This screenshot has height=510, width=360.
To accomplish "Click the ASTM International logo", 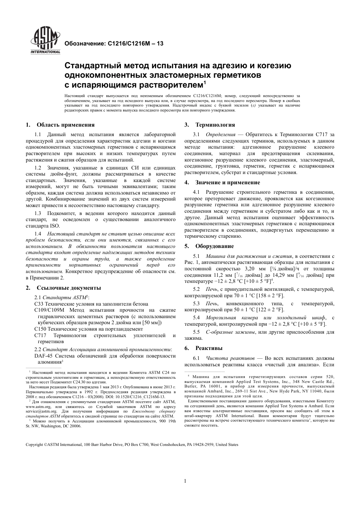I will point(45,41).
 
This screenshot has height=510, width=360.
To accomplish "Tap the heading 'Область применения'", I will point(65,125).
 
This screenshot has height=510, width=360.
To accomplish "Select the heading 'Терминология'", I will point(215,125).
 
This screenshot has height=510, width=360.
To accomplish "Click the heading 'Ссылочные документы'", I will point(68,288).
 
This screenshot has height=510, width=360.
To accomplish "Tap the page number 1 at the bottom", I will point(185,481).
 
